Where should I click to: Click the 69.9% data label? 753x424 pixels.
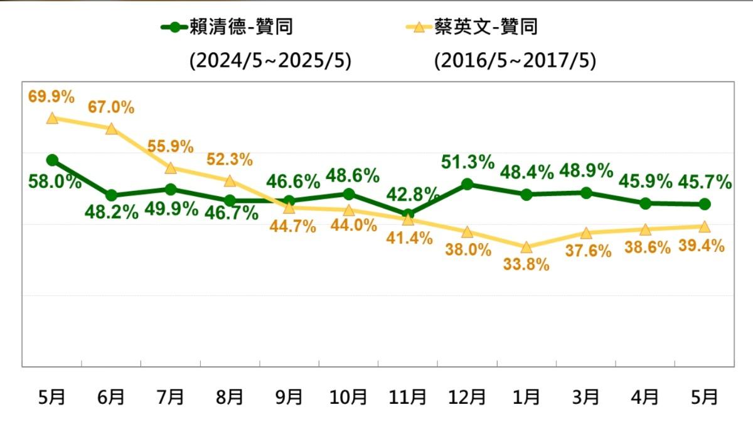pyautogui.click(x=51, y=97)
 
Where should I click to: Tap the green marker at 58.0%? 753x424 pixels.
pyautogui.click(x=52, y=160)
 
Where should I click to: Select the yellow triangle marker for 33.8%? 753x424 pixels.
pyautogui.click(x=526, y=247)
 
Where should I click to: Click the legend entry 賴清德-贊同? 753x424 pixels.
pyautogui.click(x=227, y=27)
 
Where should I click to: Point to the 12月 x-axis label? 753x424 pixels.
pyautogui.click(x=467, y=397)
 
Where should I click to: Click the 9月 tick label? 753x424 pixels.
pyautogui.click(x=289, y=397)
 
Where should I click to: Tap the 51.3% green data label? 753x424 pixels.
pyautogui.click(x=467, y=162)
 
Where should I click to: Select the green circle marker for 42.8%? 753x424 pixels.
pyautogui.click(x=408, y=214)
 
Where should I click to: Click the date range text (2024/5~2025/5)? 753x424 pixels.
pyautogui.click(x=270, y=62)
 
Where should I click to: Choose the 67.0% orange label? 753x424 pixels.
pyautogui.click(x=111, y=107)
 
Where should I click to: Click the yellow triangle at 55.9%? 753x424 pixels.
pyautogui.click(x=170, y=168)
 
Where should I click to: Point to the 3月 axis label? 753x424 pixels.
pyautogui.click(x=585, y=397)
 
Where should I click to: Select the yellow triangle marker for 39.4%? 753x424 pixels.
pyautogui.click(x=704, y=226)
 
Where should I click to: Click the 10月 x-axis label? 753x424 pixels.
pyautogui.click(x=348, y=397)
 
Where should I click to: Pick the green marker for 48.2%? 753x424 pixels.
pyautogui.click(x=111, y=195)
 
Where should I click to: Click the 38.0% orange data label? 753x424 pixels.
pyautogui.click(x=467, y=250)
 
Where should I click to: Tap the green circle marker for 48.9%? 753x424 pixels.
pyautogui.click(x=585, y=193)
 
